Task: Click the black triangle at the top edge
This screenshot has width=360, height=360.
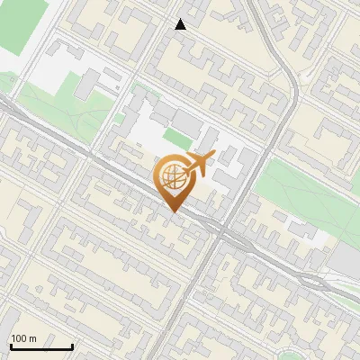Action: point(181,24)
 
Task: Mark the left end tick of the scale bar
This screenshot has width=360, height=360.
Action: point(10,346)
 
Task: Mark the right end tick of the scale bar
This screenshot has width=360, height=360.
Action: point(72,346)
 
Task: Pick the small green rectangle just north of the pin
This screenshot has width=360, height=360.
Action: point(176,139)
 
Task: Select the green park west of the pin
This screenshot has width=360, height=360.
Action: point(54,108)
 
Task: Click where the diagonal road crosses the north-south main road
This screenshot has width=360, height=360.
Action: point(220,231)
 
